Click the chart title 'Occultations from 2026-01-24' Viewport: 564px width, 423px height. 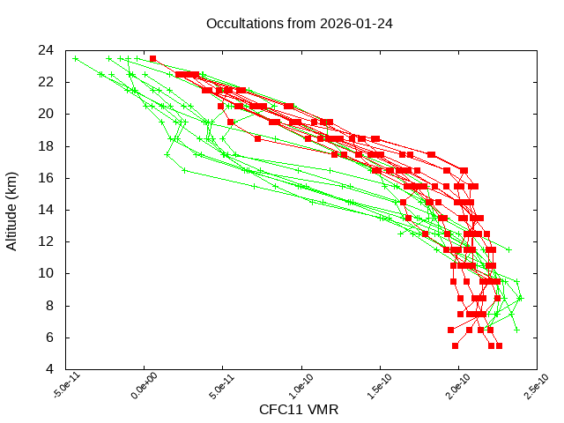pos(299,23)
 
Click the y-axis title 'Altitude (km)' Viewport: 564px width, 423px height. pos(12,209)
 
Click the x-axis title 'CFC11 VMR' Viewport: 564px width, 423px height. pos(299,410)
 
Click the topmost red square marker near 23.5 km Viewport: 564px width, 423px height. pos(152,59)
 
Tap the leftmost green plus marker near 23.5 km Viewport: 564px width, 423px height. pos(75,59)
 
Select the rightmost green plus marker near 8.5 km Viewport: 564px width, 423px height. pos(520,298)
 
